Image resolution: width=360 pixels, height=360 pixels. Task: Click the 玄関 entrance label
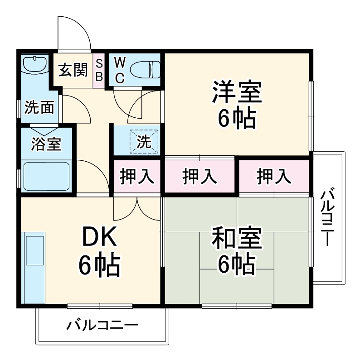(x=73, y=70)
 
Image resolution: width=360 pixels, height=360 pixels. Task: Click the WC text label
(x=119, y=70)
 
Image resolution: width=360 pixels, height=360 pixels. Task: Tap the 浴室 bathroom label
(x=46, y=144)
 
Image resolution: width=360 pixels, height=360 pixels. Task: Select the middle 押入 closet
(x=199, y=177)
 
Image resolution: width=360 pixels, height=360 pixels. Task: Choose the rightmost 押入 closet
(x=274, y=177)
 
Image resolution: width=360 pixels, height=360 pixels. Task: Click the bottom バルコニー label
(x=102, y=325)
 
